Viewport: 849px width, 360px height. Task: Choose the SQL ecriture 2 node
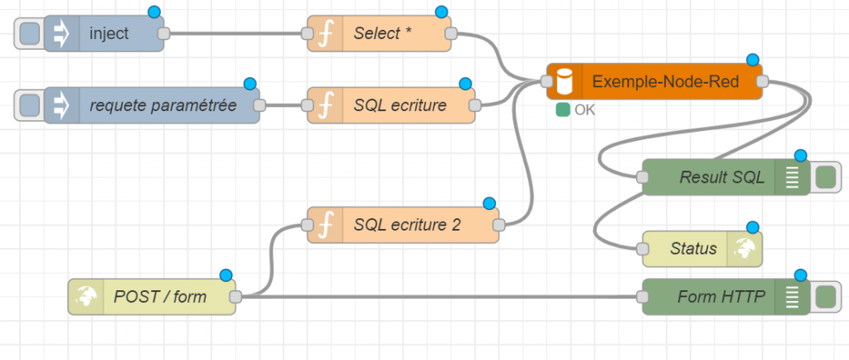[406, 224]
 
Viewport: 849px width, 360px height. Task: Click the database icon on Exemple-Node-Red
[565, 81]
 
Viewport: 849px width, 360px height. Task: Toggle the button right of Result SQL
[825, 178]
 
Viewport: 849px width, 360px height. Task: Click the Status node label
[692, 249]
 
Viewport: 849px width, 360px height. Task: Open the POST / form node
[161, 296]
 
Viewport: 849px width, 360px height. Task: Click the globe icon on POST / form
[86, 296]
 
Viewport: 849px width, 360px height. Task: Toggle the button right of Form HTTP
[825, 296]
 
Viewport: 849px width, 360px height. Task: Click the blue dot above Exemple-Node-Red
[753, 60]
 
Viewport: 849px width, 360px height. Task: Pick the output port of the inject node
[163, 34]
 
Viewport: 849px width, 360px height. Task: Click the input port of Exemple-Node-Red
[546, 81]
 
